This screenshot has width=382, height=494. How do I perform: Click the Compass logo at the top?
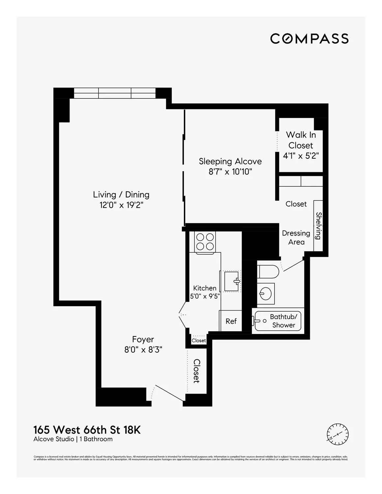(309, 39)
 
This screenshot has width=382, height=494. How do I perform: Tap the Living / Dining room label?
(121, 195)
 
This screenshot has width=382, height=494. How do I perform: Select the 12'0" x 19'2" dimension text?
(121, 205)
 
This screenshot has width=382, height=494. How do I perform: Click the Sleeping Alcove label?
(230, 161)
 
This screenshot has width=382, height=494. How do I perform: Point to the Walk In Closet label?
(301, 140)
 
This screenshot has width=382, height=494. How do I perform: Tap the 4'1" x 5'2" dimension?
(301, 156)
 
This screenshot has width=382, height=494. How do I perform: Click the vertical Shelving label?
(318, 226)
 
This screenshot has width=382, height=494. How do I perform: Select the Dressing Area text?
(296, 237)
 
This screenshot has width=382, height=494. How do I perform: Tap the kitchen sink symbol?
(232, 281)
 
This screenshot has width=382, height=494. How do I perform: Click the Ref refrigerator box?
(231, 321)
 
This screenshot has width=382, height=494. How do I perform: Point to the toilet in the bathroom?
(268, 272)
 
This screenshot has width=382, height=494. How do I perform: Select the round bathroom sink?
(265, 292)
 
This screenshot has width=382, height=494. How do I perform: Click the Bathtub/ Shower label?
(283, 321)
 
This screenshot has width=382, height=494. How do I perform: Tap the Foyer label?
(143, 339)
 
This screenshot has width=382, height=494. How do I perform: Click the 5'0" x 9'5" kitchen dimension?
(205, 296)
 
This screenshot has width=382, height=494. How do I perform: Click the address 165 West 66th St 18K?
(87, 430)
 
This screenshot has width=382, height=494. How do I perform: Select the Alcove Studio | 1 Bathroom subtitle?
(73, 439)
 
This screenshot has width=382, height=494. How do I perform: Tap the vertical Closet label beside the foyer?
(196, 371)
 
